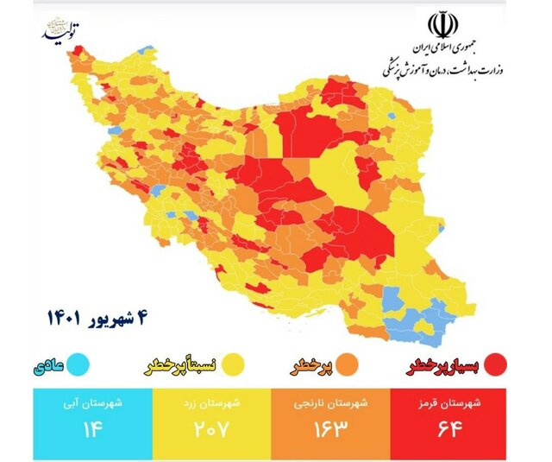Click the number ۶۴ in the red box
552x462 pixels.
coord(448,429)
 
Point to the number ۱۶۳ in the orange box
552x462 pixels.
coord(329,429)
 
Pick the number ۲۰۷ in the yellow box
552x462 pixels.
coord(210,429)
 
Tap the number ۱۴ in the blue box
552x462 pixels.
coord(92,429)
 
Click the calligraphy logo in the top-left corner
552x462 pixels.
coord(63,30)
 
